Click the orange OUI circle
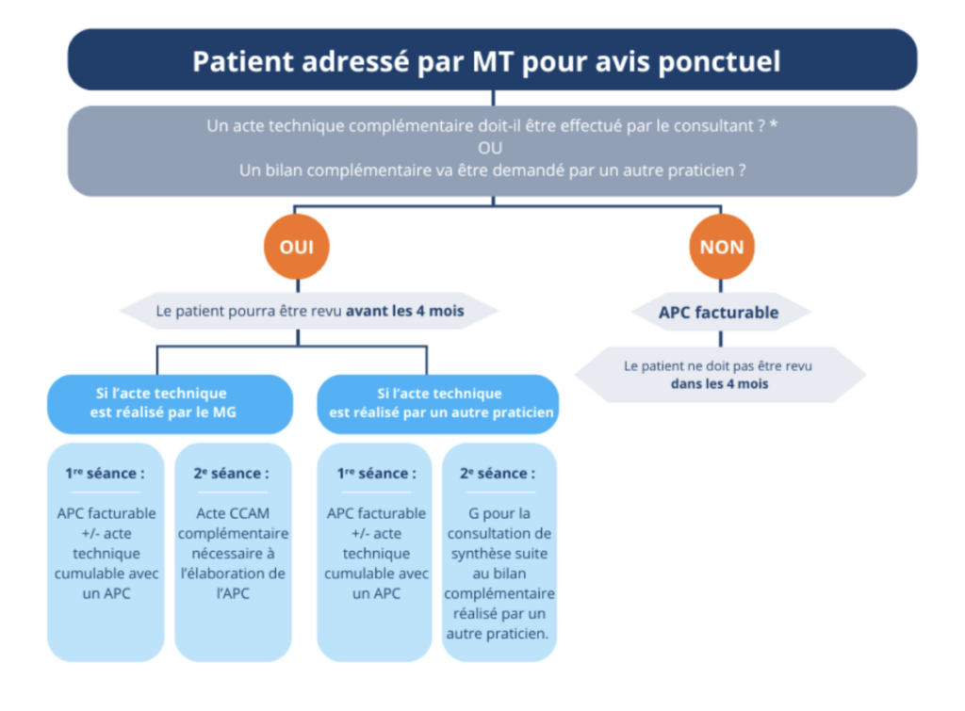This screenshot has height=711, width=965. tap(296, 248)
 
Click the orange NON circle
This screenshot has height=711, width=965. tap(722, 248)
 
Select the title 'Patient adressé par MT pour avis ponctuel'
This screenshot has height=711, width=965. tap(486, 61)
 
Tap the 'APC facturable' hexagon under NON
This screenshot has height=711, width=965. tap(718, 313)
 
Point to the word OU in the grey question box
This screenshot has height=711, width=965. tap(490, 148)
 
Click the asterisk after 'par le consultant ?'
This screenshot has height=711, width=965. tap(774, 126)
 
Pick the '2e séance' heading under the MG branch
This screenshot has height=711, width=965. tap(232, 474)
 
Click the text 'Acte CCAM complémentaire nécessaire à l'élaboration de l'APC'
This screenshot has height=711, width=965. tap(232, 554)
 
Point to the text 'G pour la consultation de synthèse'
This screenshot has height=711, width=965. tap(499, 534)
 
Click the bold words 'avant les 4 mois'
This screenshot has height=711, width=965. tap(405, 312)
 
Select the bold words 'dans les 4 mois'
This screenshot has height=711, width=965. tap(718, 383)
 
